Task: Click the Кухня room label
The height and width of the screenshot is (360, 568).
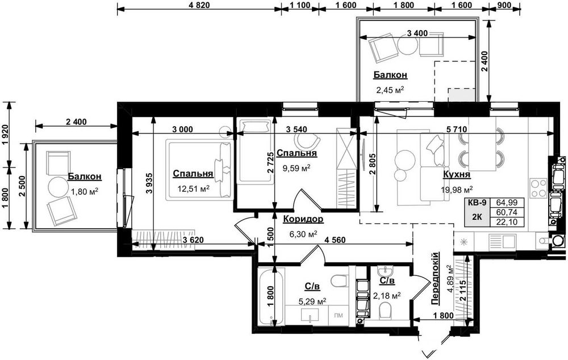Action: tap(457, 175)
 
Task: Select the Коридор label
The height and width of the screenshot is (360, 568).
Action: tap(303, 219)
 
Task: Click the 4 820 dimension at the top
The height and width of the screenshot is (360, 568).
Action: tap(199, 5)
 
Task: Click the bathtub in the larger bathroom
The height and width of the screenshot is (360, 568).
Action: tap(272, 297)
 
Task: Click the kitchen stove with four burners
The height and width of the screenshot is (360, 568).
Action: tap(538, 189)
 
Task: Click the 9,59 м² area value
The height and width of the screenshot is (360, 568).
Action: tap(296, 168)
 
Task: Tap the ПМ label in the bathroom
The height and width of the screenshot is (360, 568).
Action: tap(339, 316)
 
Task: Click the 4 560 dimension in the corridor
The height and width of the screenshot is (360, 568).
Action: tap(335, 240)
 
